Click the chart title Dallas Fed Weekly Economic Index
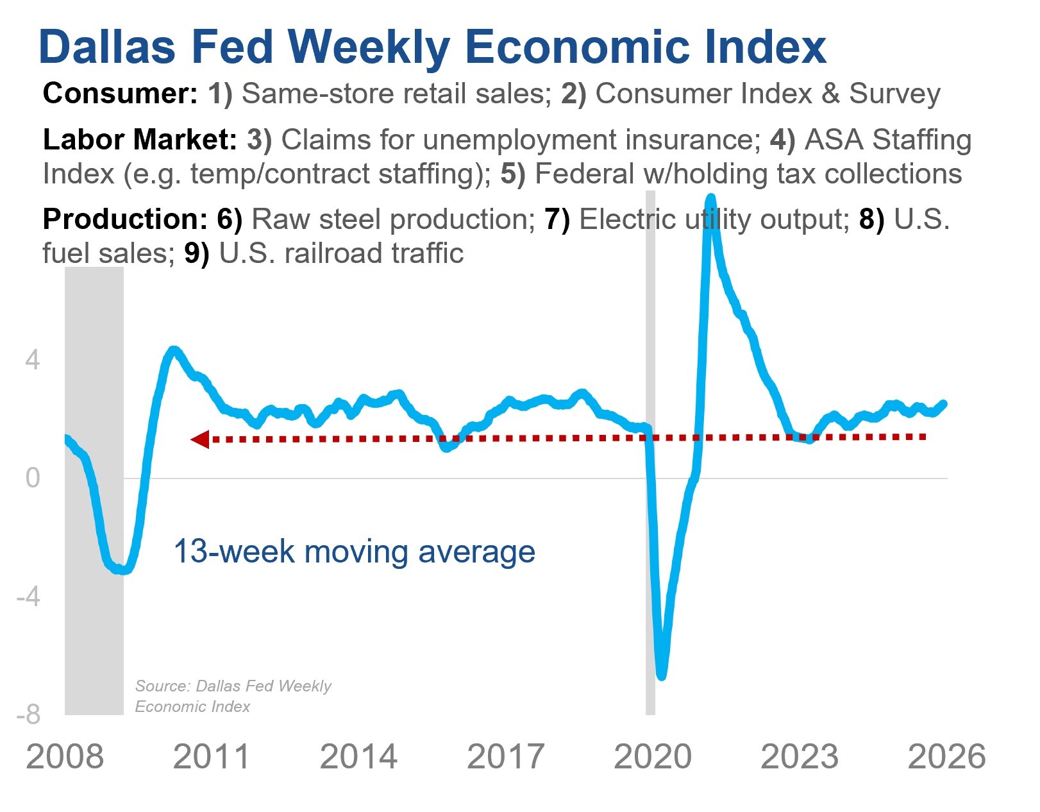pyautogui.click(x=433, y=47)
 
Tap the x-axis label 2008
pyautogui.click(x=65, y=757)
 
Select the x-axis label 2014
pyautogui.click(x=358, y=757)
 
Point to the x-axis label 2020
pyautogui.click(x=653, y=757)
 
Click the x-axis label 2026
pyautogui.click(x=946, y=757)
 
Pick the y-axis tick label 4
pyautogui.click(x=33, y=360)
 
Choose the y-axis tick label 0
pyautogui.click(x=33, y=478)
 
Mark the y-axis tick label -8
pyautogui.click(x=28, y=714)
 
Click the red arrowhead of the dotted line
pyautogui.click(x=200, y=439)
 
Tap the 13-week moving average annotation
pyautogui.click(x=354, y=552)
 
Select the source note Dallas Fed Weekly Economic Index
pyautogui.click(x=233, y=696)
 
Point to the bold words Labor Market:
pyautogui.click(x=140, y=140)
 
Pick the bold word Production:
pyautogui.click(x=124, y=219)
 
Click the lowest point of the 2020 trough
pyautogui.click(x=662, y=675)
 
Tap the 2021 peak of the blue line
pyautogui.click(x=710, y=198)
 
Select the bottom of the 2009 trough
pyautogui.click(x=122, y=570)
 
